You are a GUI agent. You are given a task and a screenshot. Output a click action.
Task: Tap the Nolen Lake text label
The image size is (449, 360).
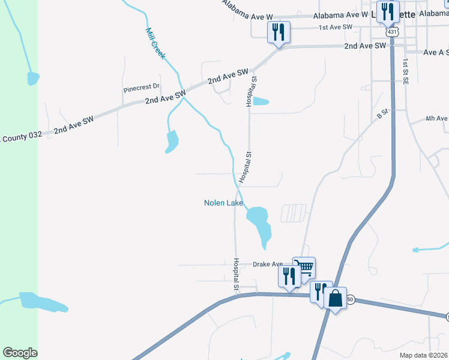pos(224,203)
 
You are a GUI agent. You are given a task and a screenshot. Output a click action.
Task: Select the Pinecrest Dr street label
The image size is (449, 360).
pos(142,88)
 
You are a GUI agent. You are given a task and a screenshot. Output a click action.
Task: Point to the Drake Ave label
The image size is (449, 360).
pos(267,264)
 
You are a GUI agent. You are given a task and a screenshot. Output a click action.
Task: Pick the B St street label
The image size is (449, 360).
pos(382,113)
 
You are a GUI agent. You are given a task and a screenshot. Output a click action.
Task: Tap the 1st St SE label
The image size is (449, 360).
pos(406,71)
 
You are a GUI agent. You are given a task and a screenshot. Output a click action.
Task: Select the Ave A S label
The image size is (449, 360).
pos(436,53)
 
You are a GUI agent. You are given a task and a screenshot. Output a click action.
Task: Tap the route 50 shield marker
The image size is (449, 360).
pos(351,299)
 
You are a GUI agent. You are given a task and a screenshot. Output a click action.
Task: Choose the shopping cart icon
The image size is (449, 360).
pos(304,267)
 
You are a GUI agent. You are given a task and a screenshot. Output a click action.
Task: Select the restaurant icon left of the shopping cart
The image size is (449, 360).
pos(289,276)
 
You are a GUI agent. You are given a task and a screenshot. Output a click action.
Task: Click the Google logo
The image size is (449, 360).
pos(20,353)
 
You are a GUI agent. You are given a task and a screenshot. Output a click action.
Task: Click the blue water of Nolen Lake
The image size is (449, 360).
pos(259,219)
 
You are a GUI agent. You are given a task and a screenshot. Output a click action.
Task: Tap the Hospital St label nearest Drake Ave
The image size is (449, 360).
pos(237,276)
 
